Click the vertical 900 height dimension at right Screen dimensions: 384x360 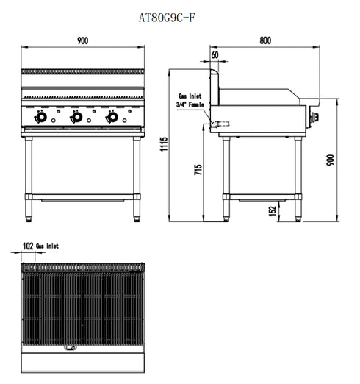click(331, 161)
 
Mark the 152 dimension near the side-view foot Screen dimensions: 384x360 click(273, 211)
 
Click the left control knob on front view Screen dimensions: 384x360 click(41, 118)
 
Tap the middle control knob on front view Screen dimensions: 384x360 click(76, 118)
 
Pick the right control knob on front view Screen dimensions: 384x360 click(112, 118)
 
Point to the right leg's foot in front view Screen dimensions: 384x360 click(137, 217)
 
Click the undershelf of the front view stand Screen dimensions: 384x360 click(82, 196)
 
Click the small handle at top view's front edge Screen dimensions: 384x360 click(71, 348)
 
